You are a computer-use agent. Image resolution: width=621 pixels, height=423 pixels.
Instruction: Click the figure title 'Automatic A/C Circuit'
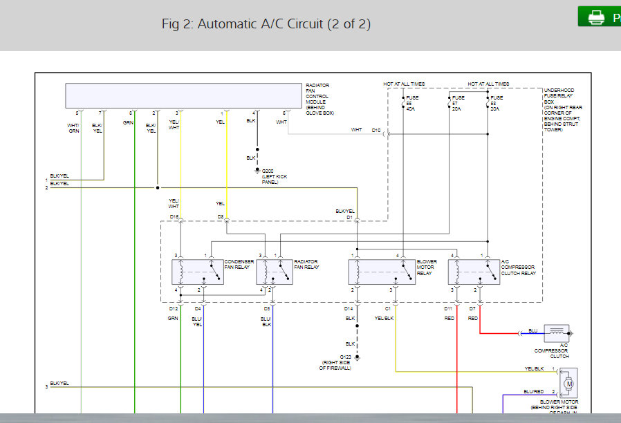(x=266, y=23)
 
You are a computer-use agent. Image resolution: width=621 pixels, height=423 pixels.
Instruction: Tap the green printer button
(x=599, y=17)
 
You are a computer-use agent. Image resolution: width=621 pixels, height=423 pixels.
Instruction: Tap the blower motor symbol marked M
(x=569, y=382)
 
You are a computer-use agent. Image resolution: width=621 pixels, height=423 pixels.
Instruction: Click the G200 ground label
(x=268, y=171)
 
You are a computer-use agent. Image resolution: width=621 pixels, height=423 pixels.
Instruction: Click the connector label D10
(x=376, y=129)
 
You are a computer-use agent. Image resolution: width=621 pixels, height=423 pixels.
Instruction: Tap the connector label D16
(x=174, y=217)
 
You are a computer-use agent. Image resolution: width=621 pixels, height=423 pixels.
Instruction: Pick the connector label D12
(x=174, y=308)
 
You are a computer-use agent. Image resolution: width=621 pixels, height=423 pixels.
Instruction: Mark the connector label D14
(x=349, y=308)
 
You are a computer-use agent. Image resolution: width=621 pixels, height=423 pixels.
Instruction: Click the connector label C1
(x=388, y=308)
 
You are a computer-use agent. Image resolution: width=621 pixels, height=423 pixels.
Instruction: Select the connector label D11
(x=449, y=308)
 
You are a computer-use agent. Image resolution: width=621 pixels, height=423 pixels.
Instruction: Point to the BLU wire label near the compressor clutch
(x=532, y=330)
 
